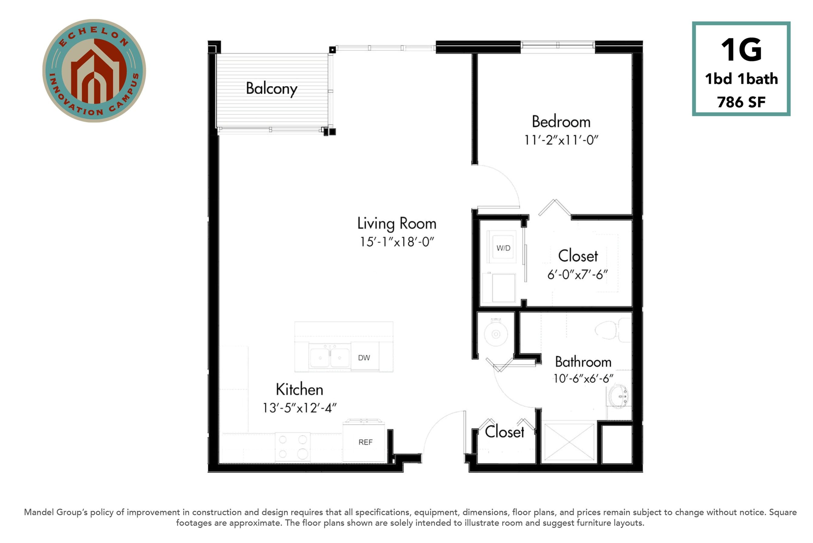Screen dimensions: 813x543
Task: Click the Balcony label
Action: tap(271, 89)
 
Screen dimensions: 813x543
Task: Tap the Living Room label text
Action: tap(396, 224)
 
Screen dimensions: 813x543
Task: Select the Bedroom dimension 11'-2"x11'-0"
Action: tap(561, 140)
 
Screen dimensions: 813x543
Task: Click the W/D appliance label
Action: tap(503, 248)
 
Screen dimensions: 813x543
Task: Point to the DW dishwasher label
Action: tap(364, 358)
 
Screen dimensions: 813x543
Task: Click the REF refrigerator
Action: tap(364, 441)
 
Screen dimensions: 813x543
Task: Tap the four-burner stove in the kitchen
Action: tap(293, 447)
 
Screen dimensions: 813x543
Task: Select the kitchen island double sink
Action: tap(330, 356)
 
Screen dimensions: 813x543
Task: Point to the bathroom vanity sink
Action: tap(619, 397)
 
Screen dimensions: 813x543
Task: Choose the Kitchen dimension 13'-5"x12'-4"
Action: tap(299, 408)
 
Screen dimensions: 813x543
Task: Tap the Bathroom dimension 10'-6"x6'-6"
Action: tap(583, 378)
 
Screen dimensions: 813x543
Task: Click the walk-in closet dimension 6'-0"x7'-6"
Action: tap(577, 275)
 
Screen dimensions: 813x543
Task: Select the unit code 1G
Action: tap(741, 50)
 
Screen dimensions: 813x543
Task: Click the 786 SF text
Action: tap(741, 102)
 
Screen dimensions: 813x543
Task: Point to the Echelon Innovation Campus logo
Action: tap(94, 71)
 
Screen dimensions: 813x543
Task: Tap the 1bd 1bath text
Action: tap(741, 79)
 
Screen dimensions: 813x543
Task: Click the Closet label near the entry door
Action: tap(504, 432)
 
